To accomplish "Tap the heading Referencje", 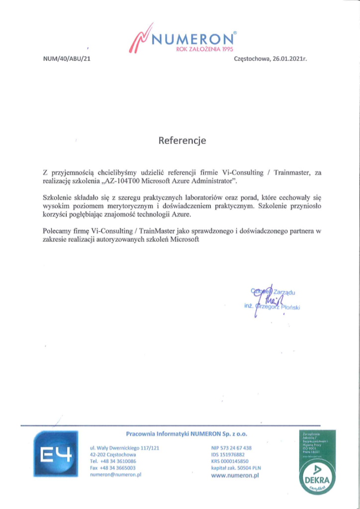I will (182, 140).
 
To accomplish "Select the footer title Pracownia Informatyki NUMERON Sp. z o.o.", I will (186, 434).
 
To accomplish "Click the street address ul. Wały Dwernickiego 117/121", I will (124, 448).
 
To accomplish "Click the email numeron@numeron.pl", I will (116, 475).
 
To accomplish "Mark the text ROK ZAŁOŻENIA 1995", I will (205, 49).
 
